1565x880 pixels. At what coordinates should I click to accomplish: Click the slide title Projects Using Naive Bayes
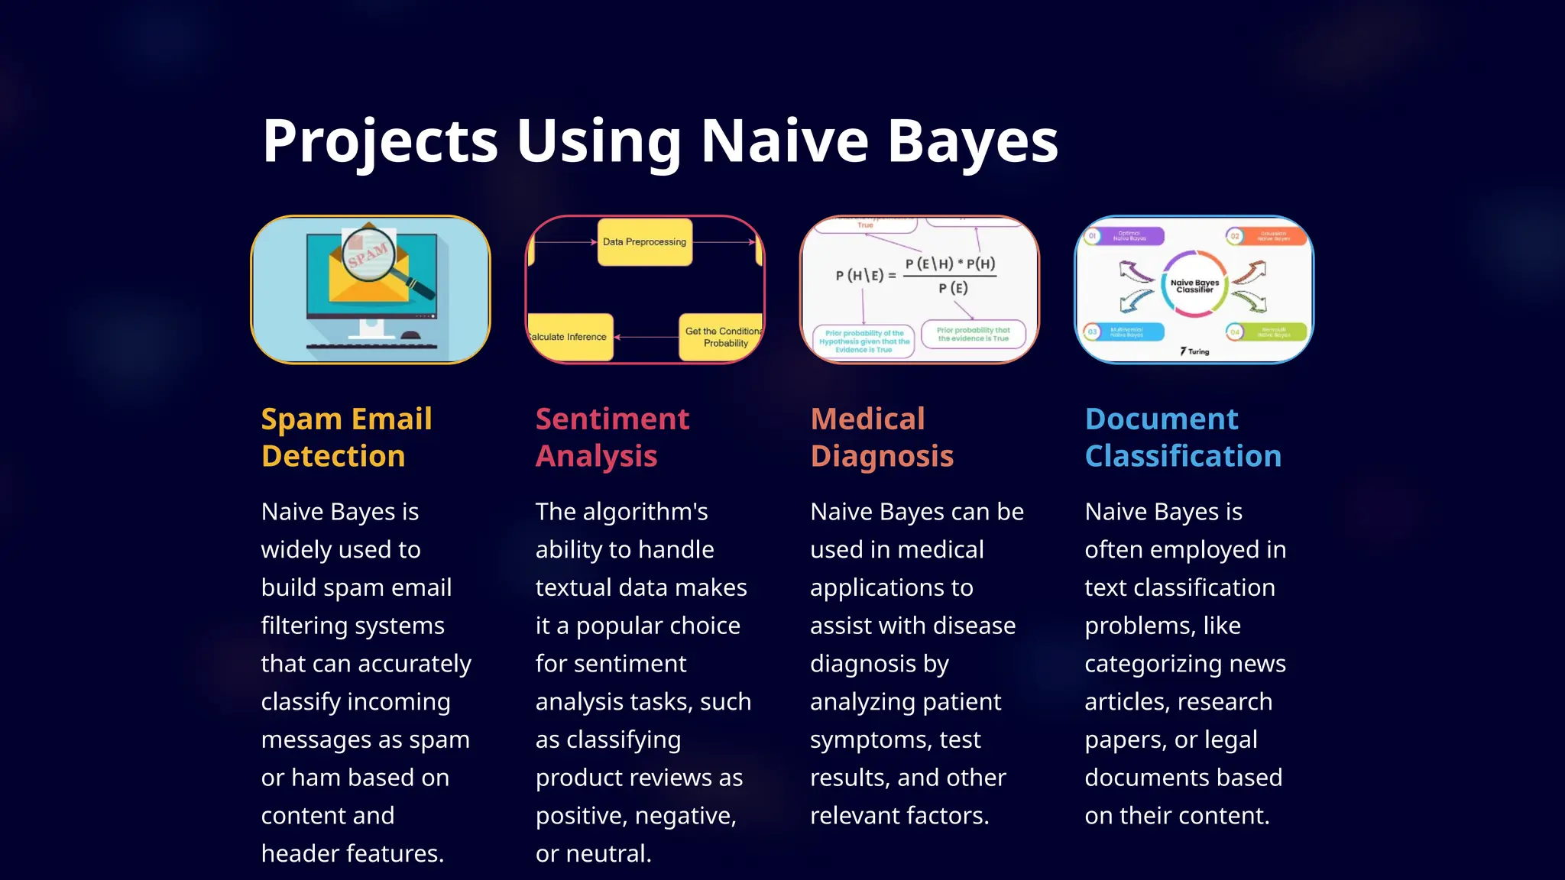(x=660, y=141)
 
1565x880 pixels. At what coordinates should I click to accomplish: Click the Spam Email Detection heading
(x=347, y=437)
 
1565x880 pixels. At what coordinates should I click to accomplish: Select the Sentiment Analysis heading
(x=612, y=437)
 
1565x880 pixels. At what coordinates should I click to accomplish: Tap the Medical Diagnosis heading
(x=882, y=437)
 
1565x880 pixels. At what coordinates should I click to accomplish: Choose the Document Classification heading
(x=1183, y=437)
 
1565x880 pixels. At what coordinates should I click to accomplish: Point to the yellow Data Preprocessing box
(x=644, y=242)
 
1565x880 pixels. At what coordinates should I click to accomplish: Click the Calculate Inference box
(x=570, y=337)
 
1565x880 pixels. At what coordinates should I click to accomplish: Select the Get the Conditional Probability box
(x=721, y=337)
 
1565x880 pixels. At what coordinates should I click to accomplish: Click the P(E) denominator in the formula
(x=953, y=288)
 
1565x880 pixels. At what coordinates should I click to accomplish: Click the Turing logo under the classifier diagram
(x=1194, y=351)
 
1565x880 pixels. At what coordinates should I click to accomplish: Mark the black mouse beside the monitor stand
(x=410, y=335)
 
